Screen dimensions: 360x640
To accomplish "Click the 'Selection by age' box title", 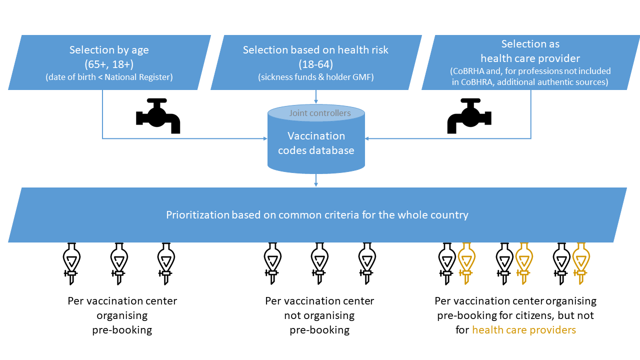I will [x=109, y=50].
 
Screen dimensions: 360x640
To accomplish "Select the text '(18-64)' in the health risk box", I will [x=315, y=64].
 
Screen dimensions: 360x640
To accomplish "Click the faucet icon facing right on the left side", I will [x=157, y=115].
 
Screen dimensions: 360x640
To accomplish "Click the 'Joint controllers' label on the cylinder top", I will [x=320, y=113].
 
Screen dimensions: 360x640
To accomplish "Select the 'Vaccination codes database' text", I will [x=316, y=143].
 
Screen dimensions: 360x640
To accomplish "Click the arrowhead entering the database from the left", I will [x=265, y=138].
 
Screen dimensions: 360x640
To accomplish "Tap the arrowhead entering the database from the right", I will [x=367, y=138].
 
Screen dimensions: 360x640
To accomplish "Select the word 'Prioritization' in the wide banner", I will [x=197, y=215].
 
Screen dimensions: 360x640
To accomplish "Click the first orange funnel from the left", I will [x=466, y=263].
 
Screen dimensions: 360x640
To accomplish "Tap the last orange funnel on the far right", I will [x=580, y=263].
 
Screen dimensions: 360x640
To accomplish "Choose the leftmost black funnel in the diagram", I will [x=71, y=263].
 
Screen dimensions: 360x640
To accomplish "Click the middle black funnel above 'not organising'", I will [x=319, y=263].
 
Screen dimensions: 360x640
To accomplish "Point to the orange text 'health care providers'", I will [x=524, y=330].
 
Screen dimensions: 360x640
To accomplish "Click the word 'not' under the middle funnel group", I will [x=292, y=315].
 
